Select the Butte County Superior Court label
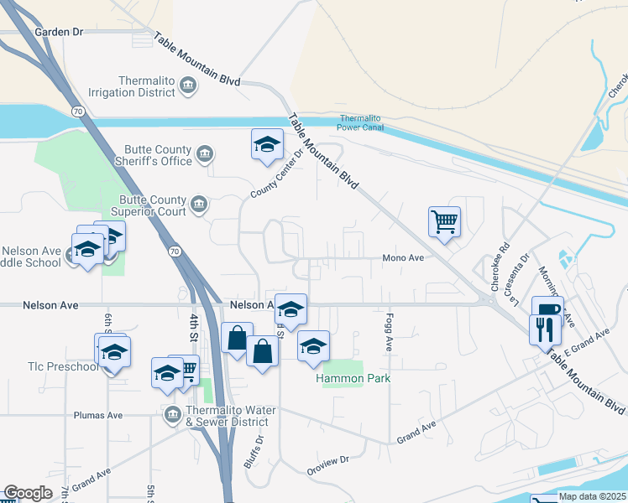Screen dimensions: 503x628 152,206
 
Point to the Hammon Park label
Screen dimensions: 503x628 353,379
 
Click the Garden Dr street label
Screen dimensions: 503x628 60,32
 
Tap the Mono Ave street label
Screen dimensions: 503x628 403,258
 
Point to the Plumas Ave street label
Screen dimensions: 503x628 98,415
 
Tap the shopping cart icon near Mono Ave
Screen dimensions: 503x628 444,222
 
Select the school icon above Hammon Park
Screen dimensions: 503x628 313,346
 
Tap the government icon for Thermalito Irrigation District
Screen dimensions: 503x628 188,86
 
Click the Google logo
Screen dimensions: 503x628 28,493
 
